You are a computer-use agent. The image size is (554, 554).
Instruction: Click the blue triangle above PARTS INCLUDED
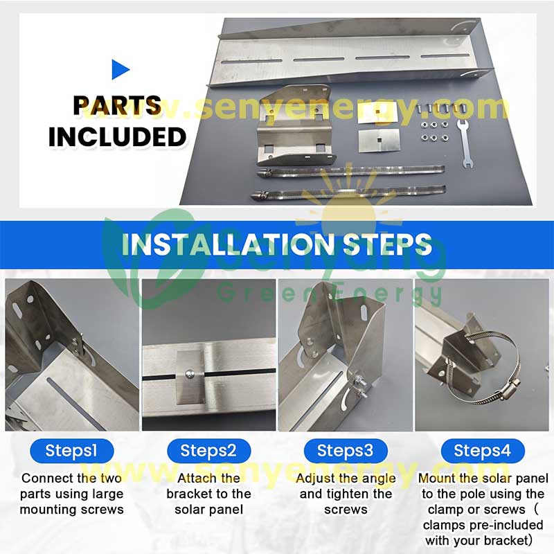(119, 69)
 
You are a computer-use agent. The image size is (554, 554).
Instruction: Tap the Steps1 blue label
(72, 451)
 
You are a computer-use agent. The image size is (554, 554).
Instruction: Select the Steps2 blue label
(209, 451)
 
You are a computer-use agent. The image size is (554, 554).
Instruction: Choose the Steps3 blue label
(346, 451)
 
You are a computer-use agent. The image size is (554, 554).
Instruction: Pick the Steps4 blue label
(483, 451)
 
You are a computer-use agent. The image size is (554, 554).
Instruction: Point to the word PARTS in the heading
(117, 105)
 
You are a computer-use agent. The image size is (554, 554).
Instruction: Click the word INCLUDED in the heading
(117, 136)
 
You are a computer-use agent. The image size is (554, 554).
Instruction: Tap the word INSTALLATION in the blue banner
(228, 244)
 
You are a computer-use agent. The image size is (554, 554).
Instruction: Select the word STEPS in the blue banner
(388, 244)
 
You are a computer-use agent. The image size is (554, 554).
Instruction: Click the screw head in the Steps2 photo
(190, 373)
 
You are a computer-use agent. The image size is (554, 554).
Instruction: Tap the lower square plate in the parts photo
(379, 141)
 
